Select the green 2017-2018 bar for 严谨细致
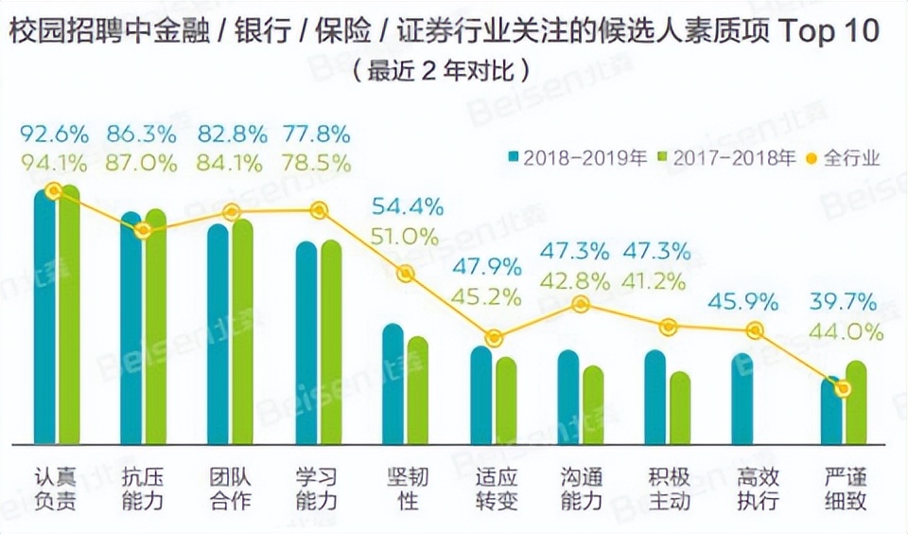pos(856,403)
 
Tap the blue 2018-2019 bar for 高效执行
pos(742,399)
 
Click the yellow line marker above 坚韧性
pos(405,274)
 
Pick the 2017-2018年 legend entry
pos(726,157)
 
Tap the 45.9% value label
pos(743,303)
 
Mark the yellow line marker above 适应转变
pos(493,338)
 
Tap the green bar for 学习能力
pos(331,342)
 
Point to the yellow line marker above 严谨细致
pos(844,388)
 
